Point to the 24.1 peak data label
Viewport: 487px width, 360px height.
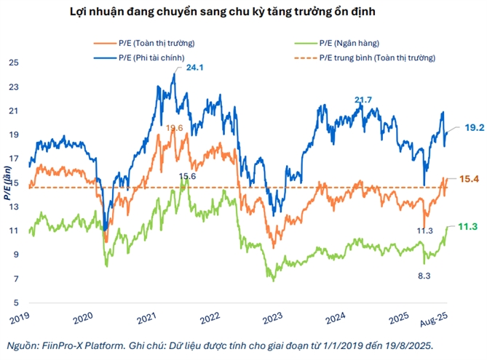[194, 68]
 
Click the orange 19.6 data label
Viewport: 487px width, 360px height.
[174, 128]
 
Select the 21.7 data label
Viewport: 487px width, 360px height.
[363, 99]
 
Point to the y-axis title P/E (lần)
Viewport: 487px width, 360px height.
[7, 185]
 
